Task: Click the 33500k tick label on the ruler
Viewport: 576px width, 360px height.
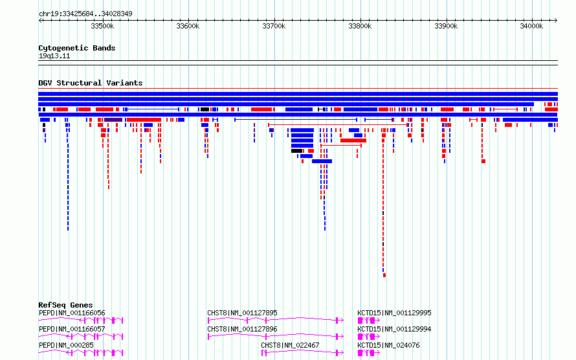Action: pos(102,26)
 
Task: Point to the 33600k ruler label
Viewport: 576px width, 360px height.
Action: pos(188,26)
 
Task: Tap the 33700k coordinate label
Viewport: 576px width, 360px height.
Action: pos(274,26)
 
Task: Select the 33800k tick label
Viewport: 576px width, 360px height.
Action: pos(360,26)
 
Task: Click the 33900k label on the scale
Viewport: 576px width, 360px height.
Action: pos(446,26)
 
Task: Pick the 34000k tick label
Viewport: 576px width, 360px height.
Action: pos(531,26)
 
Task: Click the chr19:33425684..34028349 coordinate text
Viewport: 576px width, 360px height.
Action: pos(85,14)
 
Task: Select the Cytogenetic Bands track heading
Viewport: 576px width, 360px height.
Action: pos(77,48)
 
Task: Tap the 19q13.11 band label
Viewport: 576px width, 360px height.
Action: pos(54,56)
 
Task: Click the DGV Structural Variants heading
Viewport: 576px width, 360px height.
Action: pos(91,83)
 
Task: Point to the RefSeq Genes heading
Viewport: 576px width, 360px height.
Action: pos(65,305)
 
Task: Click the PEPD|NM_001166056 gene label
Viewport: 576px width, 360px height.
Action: pos(72,313)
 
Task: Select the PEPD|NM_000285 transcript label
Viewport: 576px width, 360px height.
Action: pos(66,345)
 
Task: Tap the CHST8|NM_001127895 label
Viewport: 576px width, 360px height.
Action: pos(242,313)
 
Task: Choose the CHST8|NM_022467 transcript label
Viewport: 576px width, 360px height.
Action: pos(290,345)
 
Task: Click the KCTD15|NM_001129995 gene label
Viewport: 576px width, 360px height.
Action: pos(394,313)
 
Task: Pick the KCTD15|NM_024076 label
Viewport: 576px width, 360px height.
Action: pos(388,345)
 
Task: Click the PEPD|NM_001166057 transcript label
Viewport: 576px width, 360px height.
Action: pos(72,329)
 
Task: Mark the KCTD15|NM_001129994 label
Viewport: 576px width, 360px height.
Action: pos(394,329)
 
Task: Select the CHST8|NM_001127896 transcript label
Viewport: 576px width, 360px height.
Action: pos(242,329)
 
